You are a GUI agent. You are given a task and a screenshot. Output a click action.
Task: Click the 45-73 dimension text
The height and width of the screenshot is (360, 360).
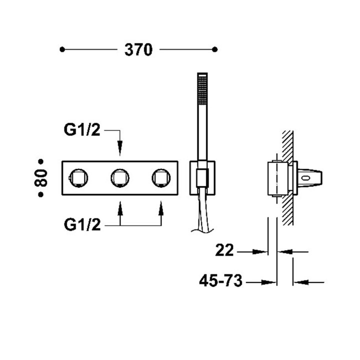tap(220, 282)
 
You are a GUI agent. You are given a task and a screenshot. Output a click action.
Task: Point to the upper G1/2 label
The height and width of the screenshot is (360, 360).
tap(82, 131)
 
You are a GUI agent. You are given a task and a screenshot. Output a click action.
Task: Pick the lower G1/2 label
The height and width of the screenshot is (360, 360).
tap(82, 225)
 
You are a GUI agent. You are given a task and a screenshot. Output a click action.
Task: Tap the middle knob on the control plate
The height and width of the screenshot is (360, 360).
tap(119, 177)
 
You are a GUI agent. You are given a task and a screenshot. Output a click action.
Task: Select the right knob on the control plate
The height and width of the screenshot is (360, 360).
tap(160, 177)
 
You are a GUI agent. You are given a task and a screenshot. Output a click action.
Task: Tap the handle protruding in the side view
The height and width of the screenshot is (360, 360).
tap(311, 177)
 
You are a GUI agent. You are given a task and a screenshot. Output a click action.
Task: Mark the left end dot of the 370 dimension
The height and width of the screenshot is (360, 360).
tap(62, 49)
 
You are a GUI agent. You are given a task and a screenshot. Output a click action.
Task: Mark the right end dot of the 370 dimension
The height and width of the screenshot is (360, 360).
tap(215, 49)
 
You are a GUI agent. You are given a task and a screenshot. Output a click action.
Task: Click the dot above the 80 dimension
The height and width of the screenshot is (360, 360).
tap(41, 161)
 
